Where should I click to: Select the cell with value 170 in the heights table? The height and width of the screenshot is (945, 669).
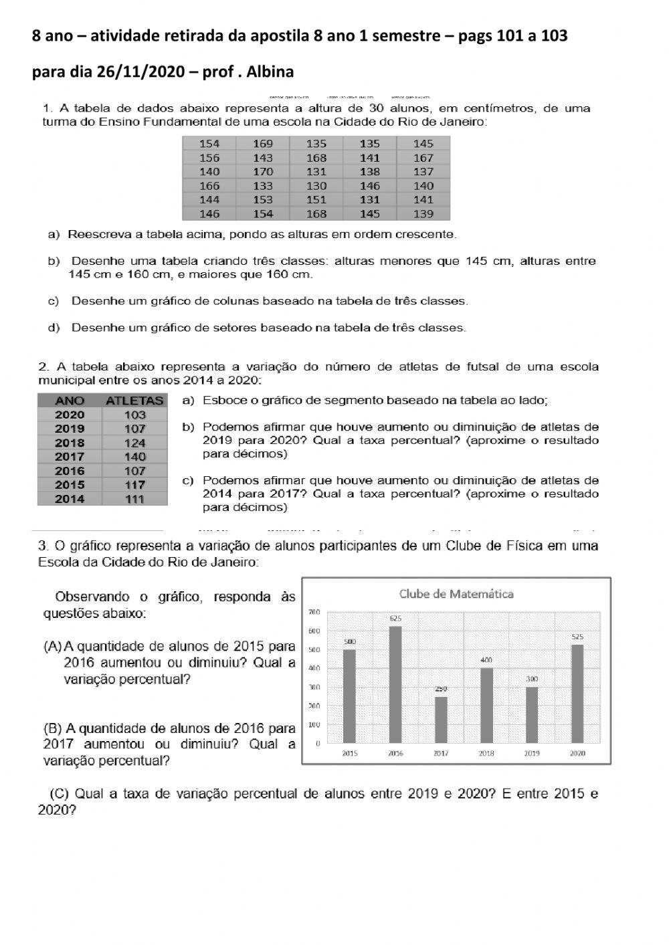pyautogui.click(x=263, y=172)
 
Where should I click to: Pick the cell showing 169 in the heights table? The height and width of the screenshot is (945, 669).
pyautogui.click(x=263, y=144)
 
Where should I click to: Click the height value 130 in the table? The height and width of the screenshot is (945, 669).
pyautogui.click(x=316, y=186)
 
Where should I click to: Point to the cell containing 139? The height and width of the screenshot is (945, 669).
pyautogui.click(x=423, y=214)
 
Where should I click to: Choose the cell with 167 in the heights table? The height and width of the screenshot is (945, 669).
pyautogui.click(x=423, y=158)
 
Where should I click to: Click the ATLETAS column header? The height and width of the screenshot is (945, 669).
pyautogui.click(x=134, y=401)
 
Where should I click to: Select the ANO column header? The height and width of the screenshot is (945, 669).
pyautogui.click(x=70, y=401)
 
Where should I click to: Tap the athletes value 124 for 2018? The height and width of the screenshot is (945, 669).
pyautogui.click(x=134, y=443)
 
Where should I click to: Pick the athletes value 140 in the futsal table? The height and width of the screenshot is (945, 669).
pyautogui.click(x=134, y=457)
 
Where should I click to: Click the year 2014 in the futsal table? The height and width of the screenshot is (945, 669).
pyautogui.click(x=70, y=499)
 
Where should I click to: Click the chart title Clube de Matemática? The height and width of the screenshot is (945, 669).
pyautogui.click(x=456, y=594)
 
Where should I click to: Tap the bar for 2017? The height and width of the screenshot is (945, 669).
pyautogui.click(x=441, y=720)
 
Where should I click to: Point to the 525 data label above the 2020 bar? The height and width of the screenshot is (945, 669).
pyautogui.click(x=577, y=637)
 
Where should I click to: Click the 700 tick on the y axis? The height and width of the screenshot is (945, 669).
pyautogui.click(x=313, y=612)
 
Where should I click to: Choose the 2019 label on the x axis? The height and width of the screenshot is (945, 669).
pyautogui.click(x=532, y=753)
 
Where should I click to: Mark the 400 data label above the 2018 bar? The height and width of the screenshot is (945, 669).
pyautogui.click(x=486, y=660)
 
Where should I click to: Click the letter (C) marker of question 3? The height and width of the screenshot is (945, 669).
pyautogui.click(x=60, y=794)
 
